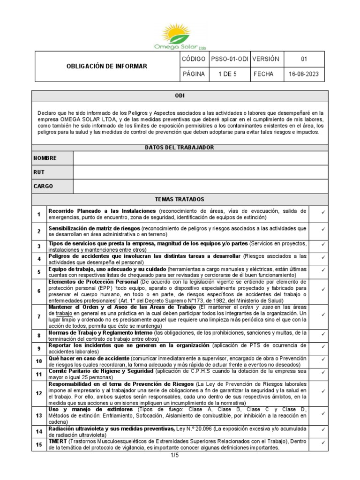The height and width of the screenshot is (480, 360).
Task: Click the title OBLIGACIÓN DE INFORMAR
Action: (105, 67)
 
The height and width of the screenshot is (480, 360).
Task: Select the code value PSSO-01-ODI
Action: (230, 59)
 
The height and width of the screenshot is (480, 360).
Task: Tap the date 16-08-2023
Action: (305, 74)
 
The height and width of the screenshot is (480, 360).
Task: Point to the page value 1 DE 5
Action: (230, 74)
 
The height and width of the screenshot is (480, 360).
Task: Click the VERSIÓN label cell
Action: (266, 59)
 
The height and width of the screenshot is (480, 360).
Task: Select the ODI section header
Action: (180, 96)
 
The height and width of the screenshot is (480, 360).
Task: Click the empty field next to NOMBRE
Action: (201, 158)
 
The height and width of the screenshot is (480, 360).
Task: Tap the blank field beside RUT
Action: (201, 172)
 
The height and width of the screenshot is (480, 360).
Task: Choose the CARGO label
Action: (43, 186)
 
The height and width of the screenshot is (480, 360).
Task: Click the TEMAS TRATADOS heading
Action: (180, 199)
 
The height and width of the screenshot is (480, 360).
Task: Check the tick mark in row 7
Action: (323, 314)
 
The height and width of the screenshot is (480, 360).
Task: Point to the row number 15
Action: (39, 445)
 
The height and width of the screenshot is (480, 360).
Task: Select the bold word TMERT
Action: (58, 442)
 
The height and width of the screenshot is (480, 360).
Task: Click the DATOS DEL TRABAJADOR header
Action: (180, 148)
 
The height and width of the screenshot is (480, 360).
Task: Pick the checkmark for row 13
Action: (323, 414)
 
